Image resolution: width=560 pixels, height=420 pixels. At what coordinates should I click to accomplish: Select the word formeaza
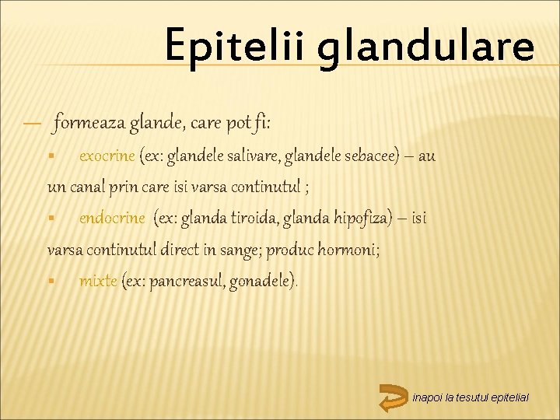click(85, 122)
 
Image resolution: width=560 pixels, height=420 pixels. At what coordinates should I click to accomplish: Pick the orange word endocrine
click(111, 219)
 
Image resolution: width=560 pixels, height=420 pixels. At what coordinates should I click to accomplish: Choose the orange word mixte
click(98, 281)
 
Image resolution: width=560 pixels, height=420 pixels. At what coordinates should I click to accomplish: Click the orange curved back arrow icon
click(394, 397)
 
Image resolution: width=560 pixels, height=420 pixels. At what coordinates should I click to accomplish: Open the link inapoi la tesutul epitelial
click(471, 397)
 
